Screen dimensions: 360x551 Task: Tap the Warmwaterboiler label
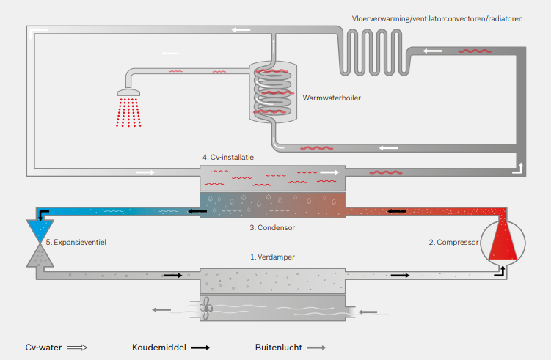[332, 97]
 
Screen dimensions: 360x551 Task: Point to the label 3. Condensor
[271, 227]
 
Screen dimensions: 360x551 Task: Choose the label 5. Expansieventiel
[76, 241]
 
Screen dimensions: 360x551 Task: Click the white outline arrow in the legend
[77, 348]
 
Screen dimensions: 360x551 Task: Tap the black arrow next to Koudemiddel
[200, 348]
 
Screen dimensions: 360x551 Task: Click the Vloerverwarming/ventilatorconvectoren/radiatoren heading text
[437, 18]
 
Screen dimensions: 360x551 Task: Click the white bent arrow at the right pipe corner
[519, 169]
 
